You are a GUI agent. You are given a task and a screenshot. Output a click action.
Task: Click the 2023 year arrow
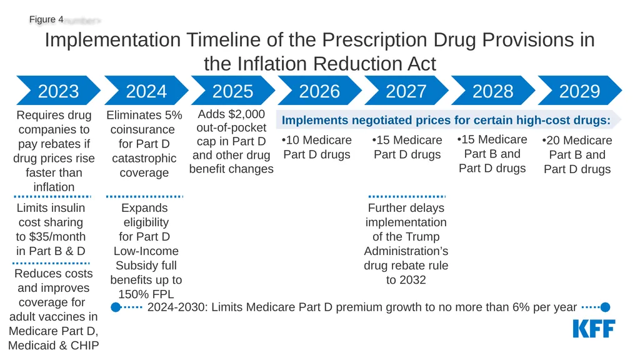tap(58, 91)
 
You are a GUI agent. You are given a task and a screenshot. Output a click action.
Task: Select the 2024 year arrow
tap(146, 91)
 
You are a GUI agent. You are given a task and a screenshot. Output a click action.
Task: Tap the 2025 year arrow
tap(233, 91)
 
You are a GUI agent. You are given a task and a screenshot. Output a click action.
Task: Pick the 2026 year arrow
tap(319, 91)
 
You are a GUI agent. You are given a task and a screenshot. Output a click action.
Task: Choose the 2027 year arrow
tap(406, 91)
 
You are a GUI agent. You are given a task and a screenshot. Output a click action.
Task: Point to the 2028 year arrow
tap(493, 91)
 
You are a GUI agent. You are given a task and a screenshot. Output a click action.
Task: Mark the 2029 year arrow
tap(579, 91)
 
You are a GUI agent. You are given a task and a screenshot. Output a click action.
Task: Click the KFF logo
tap(594, 329)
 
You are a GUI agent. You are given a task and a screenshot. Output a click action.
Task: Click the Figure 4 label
tap(46, 19)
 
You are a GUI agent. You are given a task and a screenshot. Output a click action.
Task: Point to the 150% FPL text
tap(146, 294)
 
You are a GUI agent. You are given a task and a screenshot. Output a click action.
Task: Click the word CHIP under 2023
tap(85, 345)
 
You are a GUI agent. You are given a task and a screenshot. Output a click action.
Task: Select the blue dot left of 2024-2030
tap(116, 307)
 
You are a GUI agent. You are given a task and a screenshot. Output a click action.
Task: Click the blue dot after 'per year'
tap(605, 307)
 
